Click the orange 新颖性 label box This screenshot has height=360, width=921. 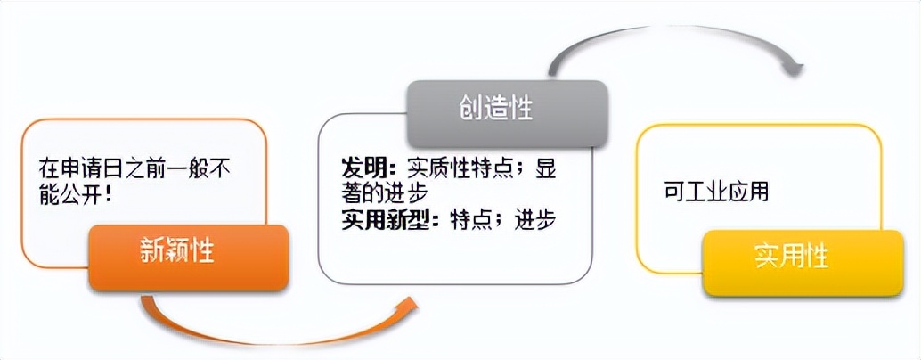189,258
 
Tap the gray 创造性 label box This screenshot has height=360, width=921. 508,113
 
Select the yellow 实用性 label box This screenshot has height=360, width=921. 803,263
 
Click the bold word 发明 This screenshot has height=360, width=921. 363,169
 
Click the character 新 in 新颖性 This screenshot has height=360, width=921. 152,251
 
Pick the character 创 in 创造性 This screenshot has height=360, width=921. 471,108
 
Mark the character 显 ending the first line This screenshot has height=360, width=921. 546,169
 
